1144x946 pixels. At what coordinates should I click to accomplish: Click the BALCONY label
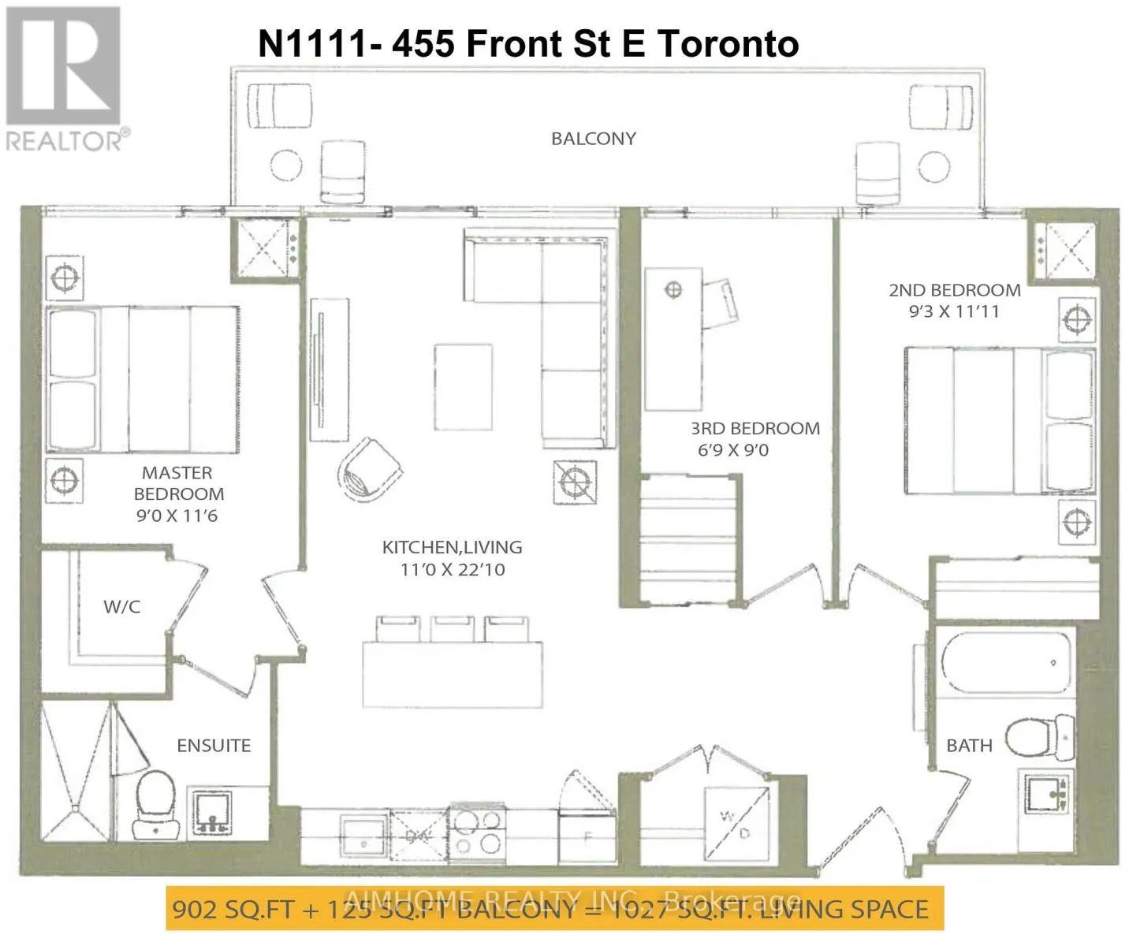593,139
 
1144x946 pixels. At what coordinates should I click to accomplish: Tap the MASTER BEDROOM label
178,483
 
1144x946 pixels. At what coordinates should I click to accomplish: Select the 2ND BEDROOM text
954,290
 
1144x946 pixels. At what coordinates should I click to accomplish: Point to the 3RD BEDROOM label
755,429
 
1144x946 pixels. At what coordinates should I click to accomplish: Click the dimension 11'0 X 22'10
452,569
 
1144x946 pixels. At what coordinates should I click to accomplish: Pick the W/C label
122,607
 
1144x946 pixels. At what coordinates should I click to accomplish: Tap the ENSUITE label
214,746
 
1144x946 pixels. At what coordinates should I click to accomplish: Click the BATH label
969,746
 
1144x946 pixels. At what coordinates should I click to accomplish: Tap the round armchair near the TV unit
369,471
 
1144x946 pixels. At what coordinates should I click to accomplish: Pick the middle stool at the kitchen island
452,629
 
